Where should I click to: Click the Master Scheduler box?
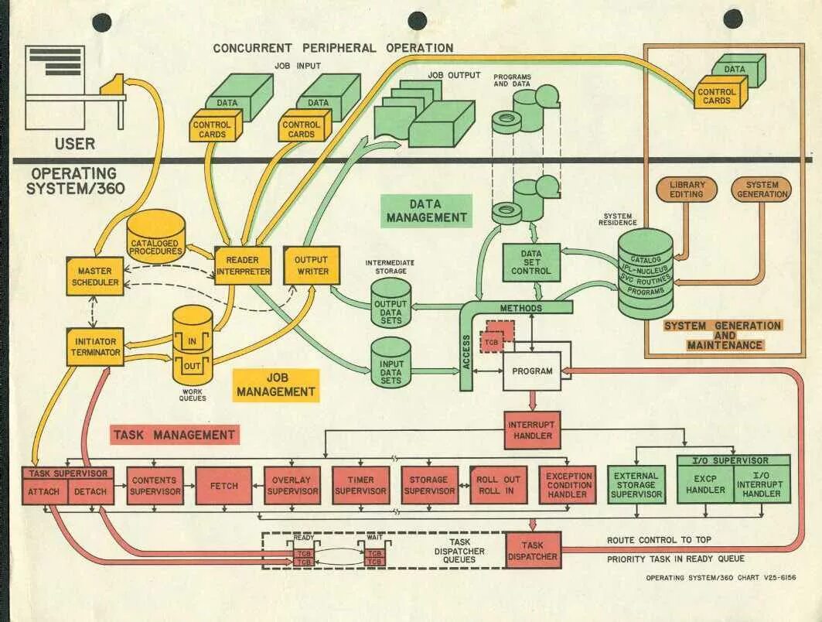(x=94, y=275)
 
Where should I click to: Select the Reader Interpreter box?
(x=243, y=265)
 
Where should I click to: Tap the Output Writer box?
(x=312, y=265)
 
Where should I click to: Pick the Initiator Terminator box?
(x=94, y=347)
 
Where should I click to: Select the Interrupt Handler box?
(x=533, y=430)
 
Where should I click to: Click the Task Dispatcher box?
(x=533, y=550)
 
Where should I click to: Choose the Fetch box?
(x=223, y=485)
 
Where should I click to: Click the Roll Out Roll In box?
(x=498, y=485)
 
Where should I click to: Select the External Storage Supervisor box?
(x=636, y=485)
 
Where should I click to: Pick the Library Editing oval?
(x=686, y=190)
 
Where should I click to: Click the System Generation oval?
(x=762, y=190)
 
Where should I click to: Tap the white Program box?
(x=532, y=371)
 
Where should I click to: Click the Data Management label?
(x=426, y=210)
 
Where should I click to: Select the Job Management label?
(x=276, y=384)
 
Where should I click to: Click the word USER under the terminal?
(x=75, y=144)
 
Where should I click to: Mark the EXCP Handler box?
(x=705, y=485)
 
